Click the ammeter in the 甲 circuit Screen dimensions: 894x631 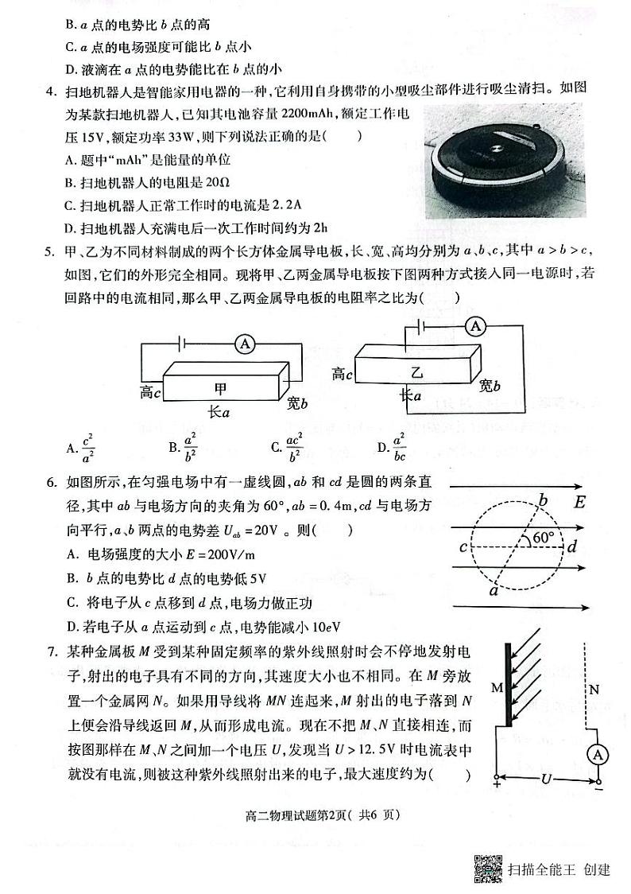246,343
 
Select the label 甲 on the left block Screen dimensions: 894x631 221,388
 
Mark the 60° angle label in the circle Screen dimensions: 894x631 544,538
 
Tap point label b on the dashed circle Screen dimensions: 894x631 544,499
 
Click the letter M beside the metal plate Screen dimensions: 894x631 497,686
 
